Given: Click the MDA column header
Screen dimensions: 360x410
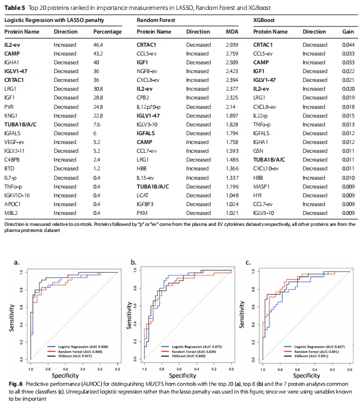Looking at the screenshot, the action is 232,32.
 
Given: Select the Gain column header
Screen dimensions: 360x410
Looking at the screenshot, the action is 348,32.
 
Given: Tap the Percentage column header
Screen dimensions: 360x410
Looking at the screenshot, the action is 108,32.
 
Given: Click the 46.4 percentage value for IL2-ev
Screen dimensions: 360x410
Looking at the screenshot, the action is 98,45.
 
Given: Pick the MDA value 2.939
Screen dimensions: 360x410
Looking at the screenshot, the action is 232,45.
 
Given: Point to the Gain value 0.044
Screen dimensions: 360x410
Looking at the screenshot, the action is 348,45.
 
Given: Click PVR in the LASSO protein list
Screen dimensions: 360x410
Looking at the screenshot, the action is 9,107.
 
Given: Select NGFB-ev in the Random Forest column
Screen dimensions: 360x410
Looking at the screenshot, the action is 147,71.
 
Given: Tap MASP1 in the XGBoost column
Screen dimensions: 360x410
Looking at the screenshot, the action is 261,186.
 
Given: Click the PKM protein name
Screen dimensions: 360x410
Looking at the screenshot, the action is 142,213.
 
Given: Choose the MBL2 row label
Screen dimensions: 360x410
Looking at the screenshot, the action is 11,213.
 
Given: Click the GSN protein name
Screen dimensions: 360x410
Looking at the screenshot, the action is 258,151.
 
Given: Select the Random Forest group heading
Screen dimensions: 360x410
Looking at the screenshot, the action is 156,20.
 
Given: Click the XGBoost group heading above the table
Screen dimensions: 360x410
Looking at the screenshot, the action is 264,20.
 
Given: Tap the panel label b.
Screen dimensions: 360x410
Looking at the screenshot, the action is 134,262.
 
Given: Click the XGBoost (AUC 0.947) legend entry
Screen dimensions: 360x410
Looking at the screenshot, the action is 75,356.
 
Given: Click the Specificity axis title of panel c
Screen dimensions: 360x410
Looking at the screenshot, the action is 306,375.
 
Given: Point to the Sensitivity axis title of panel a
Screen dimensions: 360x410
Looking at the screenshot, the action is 12,318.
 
